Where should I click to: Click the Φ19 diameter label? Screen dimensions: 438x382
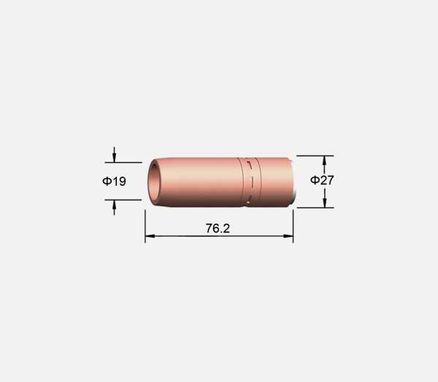click(x=114, y=182)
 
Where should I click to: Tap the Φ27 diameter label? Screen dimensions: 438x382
click(x=322, y=180)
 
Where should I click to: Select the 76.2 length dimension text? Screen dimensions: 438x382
click(x=218, y=228)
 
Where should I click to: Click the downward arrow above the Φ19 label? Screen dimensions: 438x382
click(x=114, y=155)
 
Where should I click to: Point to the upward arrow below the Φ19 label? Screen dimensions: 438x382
click(x=114, y=208)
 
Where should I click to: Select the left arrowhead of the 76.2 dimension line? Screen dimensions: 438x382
click(x=150, y=236)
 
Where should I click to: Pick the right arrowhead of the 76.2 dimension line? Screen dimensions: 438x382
click(x=288, y=236)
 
